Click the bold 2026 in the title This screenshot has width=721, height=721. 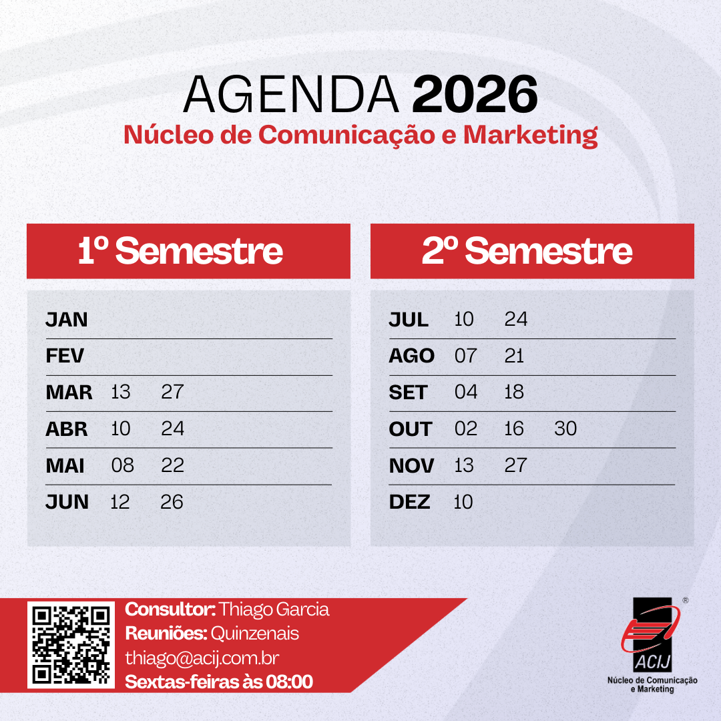475,94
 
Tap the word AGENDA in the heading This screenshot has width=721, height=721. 290,94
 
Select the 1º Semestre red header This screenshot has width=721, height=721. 188,251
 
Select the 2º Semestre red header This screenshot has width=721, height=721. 532,251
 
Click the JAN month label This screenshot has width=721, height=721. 67,320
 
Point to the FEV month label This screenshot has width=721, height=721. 65,356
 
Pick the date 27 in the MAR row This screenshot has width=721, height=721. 172,393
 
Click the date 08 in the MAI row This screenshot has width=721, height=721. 123,465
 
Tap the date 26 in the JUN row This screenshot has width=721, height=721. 172,501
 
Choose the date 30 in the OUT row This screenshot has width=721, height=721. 565,429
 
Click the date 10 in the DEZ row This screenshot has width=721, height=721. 463,501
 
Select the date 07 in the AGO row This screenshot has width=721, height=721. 466,356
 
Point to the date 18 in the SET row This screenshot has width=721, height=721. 514,393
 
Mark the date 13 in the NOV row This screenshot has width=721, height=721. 464,465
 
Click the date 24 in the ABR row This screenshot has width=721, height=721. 172,429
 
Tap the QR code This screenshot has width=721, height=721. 71,645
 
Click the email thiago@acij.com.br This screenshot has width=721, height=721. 202,658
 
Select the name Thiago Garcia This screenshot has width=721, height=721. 274,610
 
